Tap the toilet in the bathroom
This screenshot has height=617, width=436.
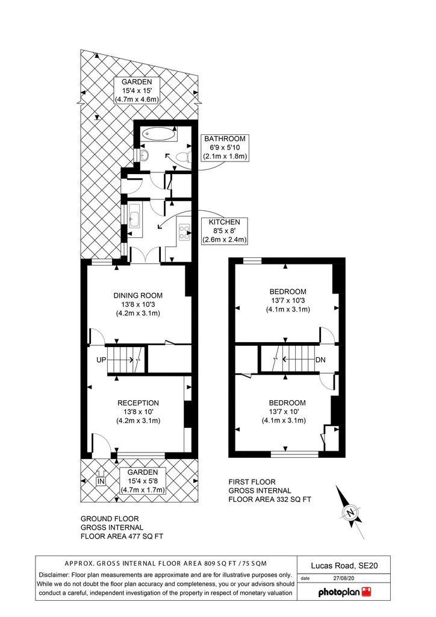pyautogui.click(x=184, y=157)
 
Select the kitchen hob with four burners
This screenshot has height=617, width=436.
pyautogui.click(x=184, y=232)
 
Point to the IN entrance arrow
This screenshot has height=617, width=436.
pyautogui.click(x=101, y=478)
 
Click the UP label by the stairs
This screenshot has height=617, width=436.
pyautogui.click(x=101, y=360)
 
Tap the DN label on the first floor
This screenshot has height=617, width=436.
pyautogui.click(x=320, y=360)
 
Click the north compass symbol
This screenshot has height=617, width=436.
pyautogui.click(x=349, y=512)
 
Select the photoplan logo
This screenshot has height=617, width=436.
pyautogui.click(x=344, y=592)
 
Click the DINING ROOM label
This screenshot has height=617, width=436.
pyautogui.click(x=138, y=295)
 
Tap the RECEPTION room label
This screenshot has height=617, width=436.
pyautogui.click(x=138, y=403)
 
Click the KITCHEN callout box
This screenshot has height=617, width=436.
pyautogui.click(x=225, y=231)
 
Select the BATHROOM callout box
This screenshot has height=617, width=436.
pyautogui.click(x=225, y=148)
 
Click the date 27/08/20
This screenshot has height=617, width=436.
pyautogui.click(x=343, y=578)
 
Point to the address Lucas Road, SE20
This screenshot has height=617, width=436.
pyautogui.click(x=344, y=566)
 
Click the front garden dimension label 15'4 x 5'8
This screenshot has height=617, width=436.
pyautogui.click(x=142, y=481)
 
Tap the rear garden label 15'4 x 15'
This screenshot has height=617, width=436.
pyautogui.click(x=137, y=91)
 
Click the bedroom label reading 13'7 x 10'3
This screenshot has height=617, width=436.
pyautogui.click(x=288, y=300)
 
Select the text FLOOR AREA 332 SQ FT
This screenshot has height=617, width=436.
pyautogui.click(x=270, y=500)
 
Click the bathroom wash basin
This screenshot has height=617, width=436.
pyautogui.click(x=145, y=155)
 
